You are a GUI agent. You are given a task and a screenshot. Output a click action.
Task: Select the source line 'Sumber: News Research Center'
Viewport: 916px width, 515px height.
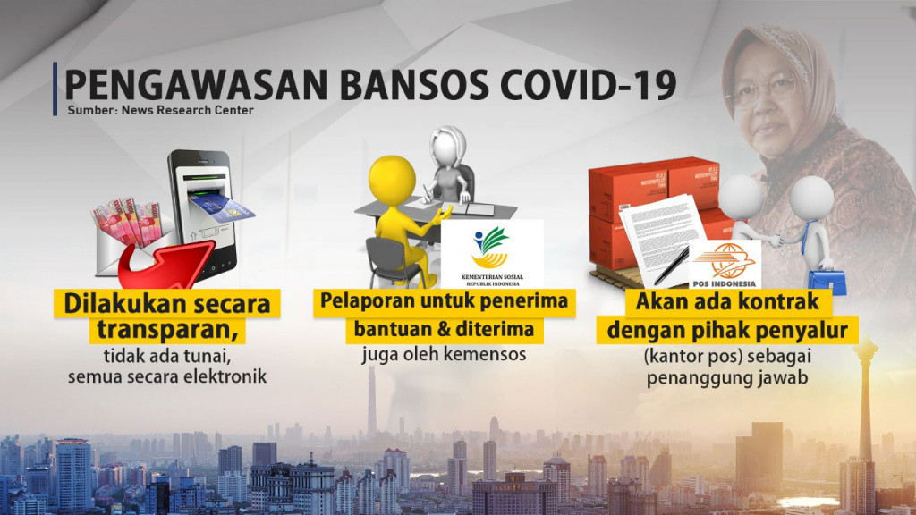160,111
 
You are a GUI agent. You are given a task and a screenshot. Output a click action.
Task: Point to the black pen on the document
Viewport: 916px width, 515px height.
670,265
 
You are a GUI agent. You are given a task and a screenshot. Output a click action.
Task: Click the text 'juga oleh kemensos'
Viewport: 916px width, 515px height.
444,355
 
